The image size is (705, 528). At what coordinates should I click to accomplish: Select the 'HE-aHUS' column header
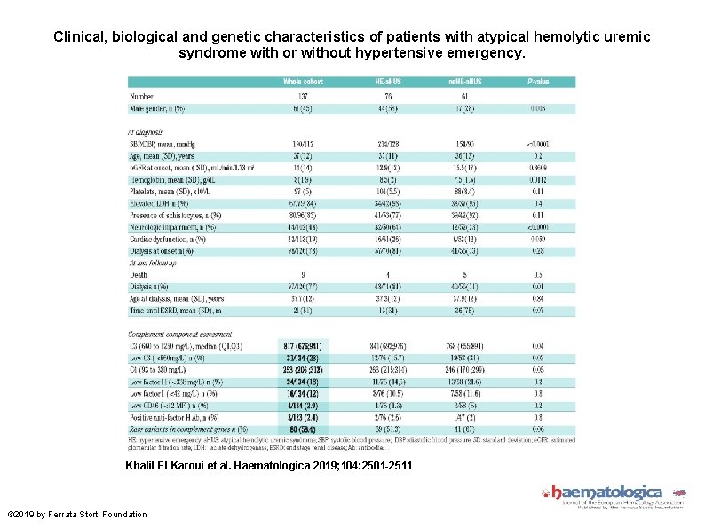[x=388, y=82]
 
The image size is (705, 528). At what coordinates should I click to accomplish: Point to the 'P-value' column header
[x=538, y=82]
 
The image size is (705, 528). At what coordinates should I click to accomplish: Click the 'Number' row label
[x=141, y=96]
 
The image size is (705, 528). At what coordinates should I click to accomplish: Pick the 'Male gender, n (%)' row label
[x=157, y=108]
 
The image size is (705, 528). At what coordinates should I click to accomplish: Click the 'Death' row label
[x=139, y=274]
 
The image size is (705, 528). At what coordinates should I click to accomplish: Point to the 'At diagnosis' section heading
[x=147, y=131]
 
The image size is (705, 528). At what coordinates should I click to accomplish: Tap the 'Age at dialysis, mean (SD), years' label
[x=176, y=298]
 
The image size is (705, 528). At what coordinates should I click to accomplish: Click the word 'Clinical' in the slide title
[x=81, y=37]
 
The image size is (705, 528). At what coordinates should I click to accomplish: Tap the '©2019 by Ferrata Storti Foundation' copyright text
[x=76, y=515]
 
